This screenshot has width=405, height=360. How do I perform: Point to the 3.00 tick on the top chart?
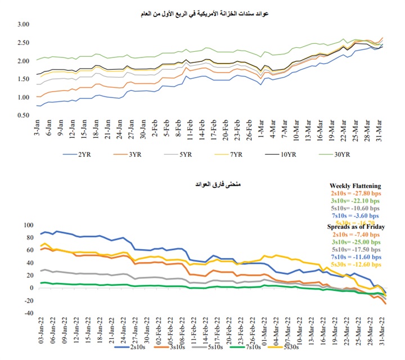[x=22, y=24]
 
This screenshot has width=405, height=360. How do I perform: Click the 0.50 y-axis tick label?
[x=22, y=116]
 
